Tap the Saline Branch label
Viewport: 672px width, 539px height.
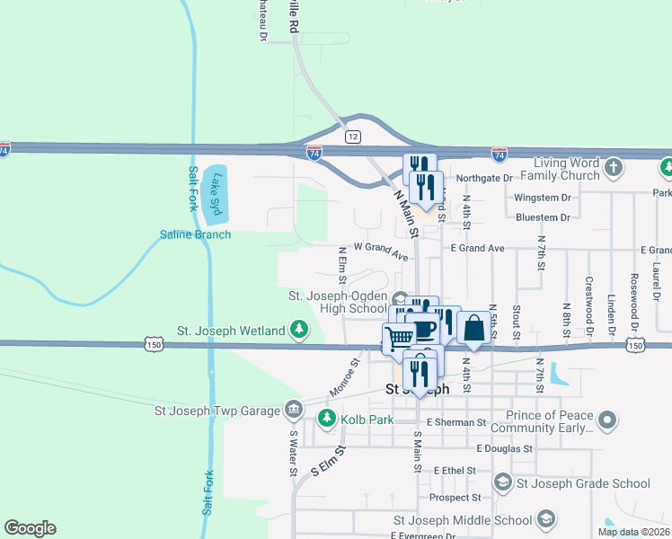(x=195, y=234)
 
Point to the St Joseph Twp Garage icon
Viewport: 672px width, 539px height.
(x=293, y=410)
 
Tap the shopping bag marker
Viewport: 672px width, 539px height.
(x=473, y=328)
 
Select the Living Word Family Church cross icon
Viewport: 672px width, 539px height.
(x=613, y=168)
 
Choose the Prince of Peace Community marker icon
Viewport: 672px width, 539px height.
(x=608, y=420)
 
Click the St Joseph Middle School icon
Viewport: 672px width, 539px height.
(x=545, y=519)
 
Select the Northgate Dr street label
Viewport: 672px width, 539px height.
(x=483, y=179)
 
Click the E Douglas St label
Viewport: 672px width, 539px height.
(x=505, y=447)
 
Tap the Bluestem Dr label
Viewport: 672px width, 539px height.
(x=543, y=217)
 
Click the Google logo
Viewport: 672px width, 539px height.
(x=30, y=527)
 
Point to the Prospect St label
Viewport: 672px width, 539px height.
(x=455, y=497)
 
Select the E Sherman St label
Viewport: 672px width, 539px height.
(x=456, y=421)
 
